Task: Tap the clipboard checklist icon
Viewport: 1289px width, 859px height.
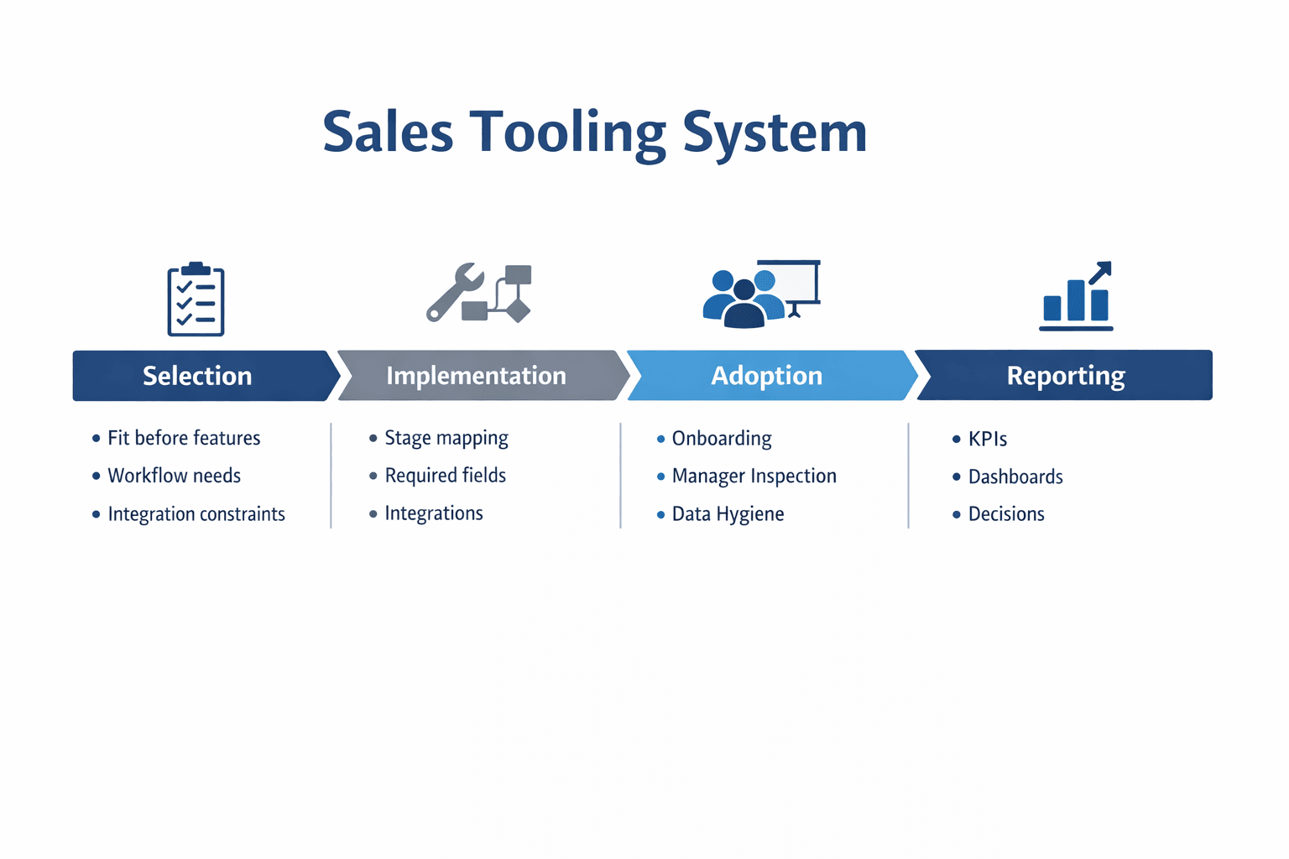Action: [196, 299]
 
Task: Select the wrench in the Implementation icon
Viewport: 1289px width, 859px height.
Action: [453, 292]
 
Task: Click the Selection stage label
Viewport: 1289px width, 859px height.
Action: [197, 376]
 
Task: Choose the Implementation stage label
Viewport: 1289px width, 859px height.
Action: [476, 376]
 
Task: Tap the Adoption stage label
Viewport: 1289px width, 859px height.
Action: [766, 376]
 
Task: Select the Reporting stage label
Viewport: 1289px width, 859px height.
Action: [1066, 376]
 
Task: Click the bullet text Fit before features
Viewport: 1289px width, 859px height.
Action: [184, 438]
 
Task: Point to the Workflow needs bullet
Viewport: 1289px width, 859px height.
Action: [174, 476]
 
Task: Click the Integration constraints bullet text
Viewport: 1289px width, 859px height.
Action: [196, 514]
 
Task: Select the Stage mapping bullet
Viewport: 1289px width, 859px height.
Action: [446, 438]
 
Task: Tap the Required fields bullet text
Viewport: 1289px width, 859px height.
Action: [446, 476]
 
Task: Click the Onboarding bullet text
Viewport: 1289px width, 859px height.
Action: [722, 439]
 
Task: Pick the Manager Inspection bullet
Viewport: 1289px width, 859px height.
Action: [754, 476]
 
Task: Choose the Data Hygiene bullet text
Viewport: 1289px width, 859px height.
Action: [728, 514]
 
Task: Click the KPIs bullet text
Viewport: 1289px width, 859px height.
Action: [988, 439]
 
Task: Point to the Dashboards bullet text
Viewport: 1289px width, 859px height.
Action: [1015, 476]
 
